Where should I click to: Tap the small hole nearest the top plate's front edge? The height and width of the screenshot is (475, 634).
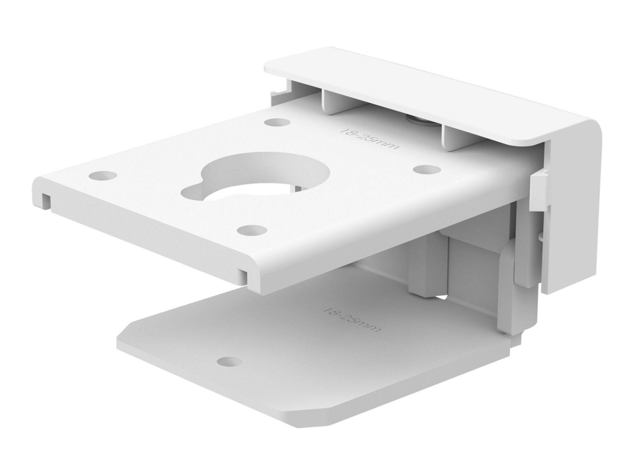tap(252, 230)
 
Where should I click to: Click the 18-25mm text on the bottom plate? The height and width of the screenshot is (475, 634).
tap(352, 320)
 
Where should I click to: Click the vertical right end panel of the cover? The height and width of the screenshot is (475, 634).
tap(575, 211)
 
